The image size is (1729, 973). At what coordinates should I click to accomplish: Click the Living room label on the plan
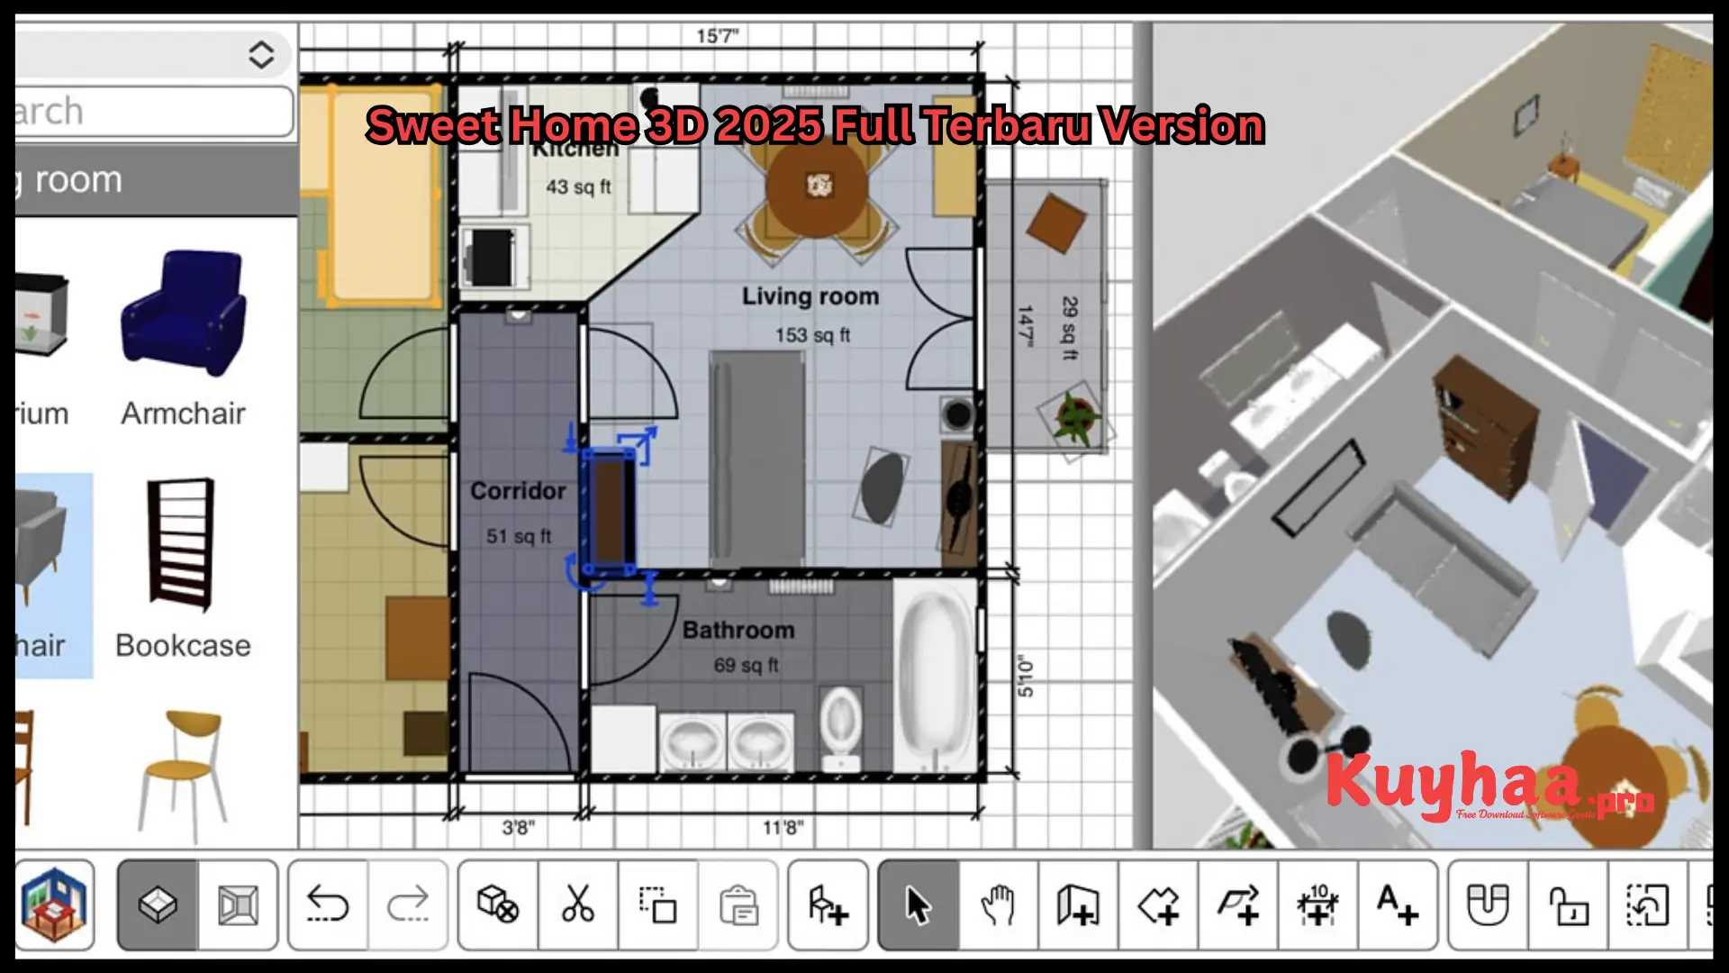810,296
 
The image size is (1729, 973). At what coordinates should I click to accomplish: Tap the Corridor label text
518,491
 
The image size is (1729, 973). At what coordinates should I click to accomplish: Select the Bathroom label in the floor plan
738,630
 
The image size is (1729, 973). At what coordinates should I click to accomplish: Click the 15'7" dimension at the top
717,36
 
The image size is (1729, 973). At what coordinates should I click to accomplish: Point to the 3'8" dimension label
518,827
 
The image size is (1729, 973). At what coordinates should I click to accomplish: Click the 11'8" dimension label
783,827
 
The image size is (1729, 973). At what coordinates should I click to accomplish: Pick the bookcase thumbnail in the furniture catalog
183,545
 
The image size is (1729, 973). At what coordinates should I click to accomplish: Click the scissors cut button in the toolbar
577,905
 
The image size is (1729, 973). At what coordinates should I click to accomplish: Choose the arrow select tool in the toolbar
918,905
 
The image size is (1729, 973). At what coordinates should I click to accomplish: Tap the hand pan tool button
998,905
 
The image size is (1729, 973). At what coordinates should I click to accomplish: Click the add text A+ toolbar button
1397,905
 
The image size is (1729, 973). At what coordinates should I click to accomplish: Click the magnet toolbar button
1488,905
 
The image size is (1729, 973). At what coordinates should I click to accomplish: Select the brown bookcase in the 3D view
1481,424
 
